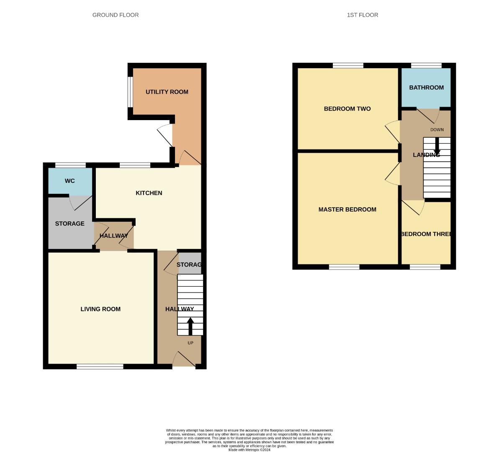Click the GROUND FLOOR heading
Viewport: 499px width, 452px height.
(x=116, y=15)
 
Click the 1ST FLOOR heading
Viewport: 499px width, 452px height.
(x=363, y=15)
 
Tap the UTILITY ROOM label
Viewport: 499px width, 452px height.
(x=167, y=92)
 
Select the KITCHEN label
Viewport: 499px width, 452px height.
(x=149, y=193)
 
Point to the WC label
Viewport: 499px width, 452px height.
(x=69, y=181)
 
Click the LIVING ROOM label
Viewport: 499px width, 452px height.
(x=100, y=309)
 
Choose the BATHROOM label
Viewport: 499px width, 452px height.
(x=426, y=87)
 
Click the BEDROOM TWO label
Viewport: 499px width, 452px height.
(x=347, y=109)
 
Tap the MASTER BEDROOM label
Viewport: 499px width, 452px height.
(x=347, y=209)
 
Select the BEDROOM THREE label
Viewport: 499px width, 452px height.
(x=426, y=234)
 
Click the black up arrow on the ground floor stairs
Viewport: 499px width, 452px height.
(x=190, y=326)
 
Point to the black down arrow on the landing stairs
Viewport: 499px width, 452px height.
(x=437, y=147)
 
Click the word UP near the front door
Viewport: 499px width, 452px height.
(x=190, y=343)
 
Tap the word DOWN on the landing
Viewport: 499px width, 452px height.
(x=437, y=130)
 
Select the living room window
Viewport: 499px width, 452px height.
(x=100, y=367)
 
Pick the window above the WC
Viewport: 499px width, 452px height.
(x=70, y=165)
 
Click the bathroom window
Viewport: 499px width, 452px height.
(x=426, y=65)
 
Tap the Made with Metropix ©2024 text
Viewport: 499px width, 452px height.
(x=249, y=450)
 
